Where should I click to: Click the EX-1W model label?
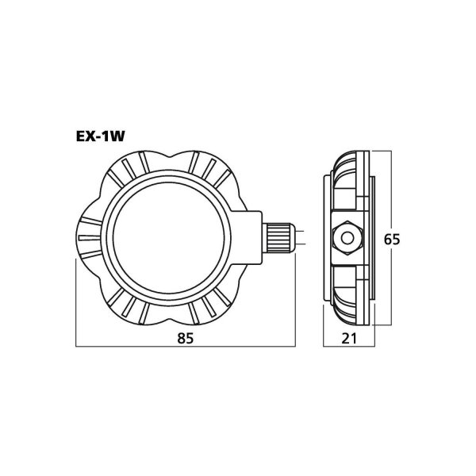tap(100, 136)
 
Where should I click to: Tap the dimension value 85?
tap(185, 339)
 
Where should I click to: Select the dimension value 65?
tap(392, 240)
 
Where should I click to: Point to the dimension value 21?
tap(349, 339)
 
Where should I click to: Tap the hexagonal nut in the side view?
tap(347, 238)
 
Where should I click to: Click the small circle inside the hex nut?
tap(347, 238)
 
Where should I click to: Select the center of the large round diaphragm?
tap(168, 238)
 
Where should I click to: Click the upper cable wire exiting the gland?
tap(299, 232)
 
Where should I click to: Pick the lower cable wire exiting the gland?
tap(299, 244)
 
